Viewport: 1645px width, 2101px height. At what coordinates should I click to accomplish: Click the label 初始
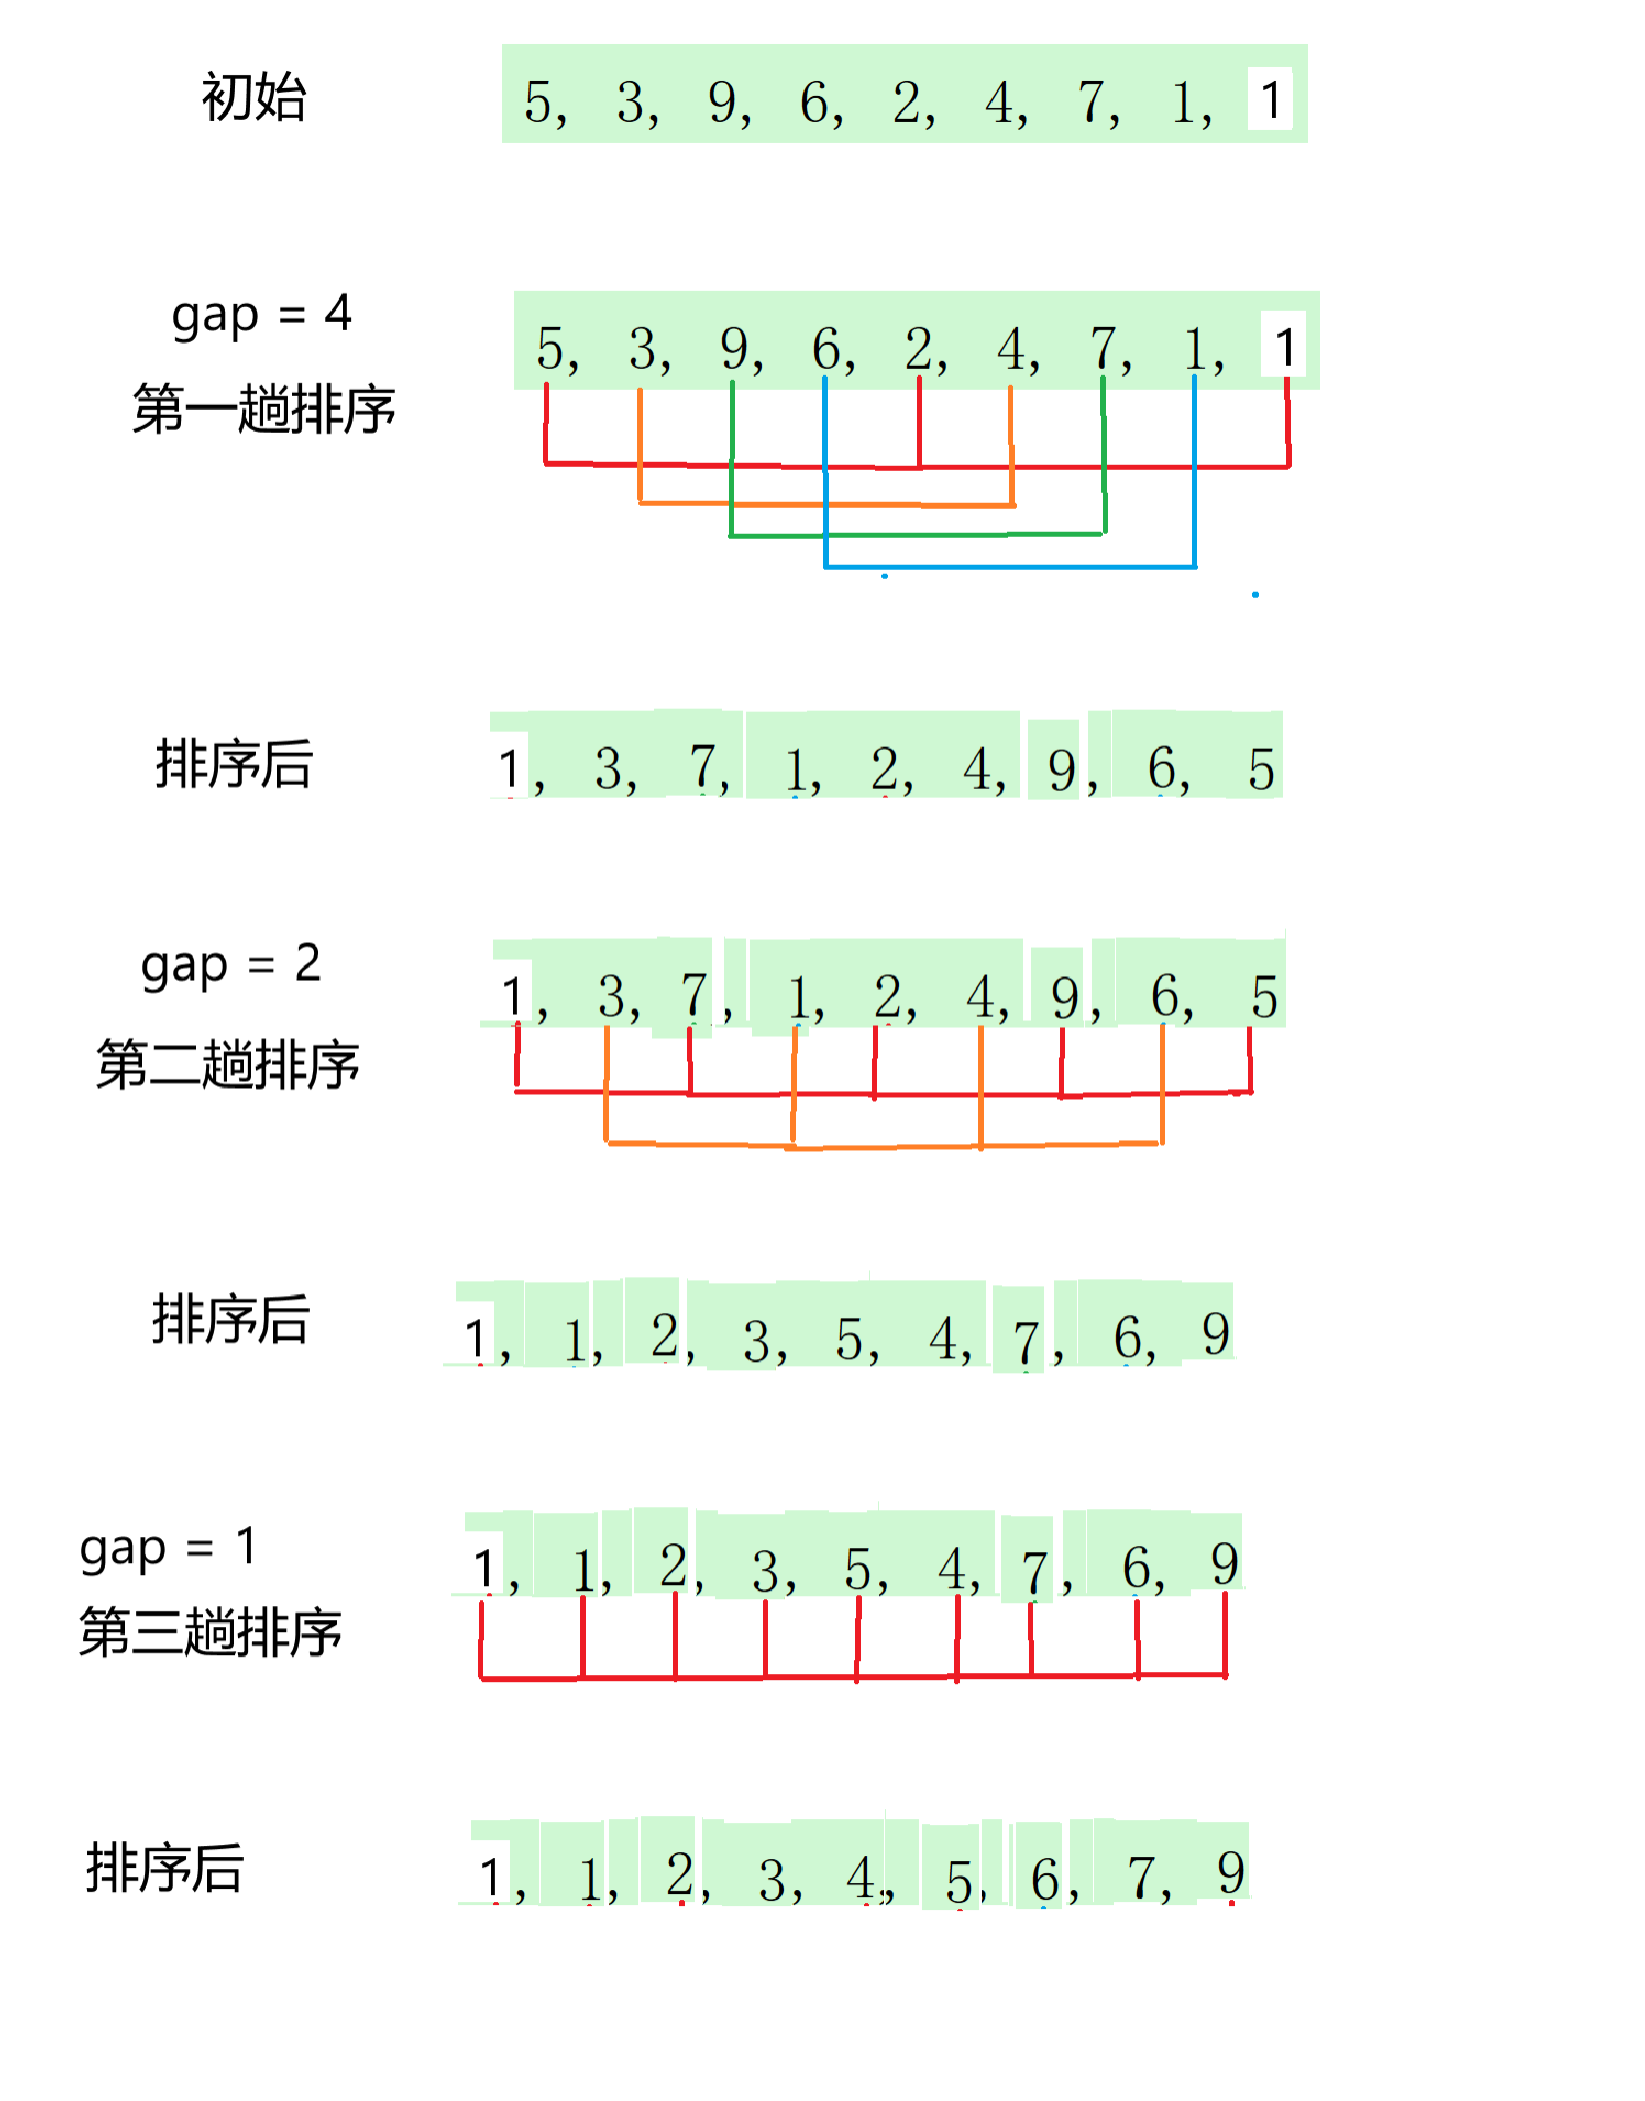pos(253,98)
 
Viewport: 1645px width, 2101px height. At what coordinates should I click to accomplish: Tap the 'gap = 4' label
pos(261,315)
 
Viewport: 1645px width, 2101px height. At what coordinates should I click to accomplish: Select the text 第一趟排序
pos(264,410)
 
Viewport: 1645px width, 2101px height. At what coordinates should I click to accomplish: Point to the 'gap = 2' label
pos(230,966)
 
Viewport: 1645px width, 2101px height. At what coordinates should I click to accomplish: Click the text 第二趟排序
pos(227,1064)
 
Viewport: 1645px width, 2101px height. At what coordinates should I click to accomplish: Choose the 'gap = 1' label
pos(168,1548)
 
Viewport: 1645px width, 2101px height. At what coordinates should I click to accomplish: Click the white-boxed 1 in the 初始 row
pos(1270,100)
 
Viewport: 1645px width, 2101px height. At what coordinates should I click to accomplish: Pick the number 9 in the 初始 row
pos(722,103)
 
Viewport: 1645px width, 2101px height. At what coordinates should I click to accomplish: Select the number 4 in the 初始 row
pos(998,103)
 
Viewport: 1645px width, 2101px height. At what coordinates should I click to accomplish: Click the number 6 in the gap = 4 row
pos(826,350)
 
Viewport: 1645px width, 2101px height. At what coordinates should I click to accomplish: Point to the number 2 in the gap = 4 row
pos(918,350)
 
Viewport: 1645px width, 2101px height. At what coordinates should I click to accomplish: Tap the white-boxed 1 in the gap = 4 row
pos(1285,348)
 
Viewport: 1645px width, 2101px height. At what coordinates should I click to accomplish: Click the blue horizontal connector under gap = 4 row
pos(1010,567)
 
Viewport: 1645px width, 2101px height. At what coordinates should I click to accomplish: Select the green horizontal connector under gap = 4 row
pos(917,536)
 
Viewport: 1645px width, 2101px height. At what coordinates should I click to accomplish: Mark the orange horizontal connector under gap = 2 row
pos(883,1145)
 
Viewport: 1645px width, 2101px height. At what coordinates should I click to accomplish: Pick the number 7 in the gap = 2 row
pos(694,997)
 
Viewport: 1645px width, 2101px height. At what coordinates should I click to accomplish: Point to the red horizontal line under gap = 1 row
pos(853,1677)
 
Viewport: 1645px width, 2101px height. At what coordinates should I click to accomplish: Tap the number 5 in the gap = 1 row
pos(858,1570)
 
